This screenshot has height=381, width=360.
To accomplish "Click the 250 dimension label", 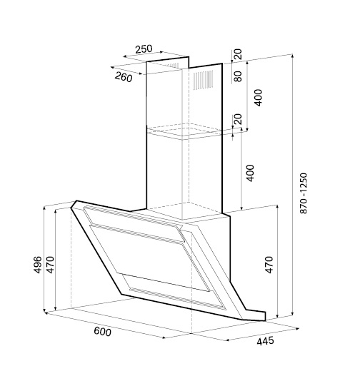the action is [144, 49].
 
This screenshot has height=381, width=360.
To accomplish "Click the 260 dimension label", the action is [124, 77].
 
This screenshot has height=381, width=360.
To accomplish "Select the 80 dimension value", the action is [238, 76].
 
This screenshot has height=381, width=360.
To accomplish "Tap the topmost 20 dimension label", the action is [238, 54].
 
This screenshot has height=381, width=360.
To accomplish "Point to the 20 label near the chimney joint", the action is [238, 119].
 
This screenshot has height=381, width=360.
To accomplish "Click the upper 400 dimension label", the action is [258, 98].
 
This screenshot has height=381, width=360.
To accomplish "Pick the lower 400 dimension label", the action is [250, 173].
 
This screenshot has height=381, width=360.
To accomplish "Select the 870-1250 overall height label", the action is [304, 193].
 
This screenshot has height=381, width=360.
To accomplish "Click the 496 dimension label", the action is [37, 265].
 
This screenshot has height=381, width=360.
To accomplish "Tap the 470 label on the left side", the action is [50, 265].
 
